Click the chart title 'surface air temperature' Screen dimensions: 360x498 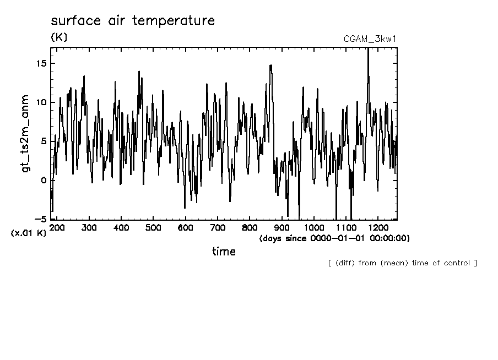coord(132,21)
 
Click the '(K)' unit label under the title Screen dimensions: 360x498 coord(58,37)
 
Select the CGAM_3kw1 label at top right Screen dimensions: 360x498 coord(370,39)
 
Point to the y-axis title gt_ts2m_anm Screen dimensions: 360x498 coord(25,134)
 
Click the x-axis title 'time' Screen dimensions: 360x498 coord(224,252)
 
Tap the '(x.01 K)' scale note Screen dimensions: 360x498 coord(29,233)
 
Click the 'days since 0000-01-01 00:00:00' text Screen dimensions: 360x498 coord(334,238)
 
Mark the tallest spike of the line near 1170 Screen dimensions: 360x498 coord(368,50)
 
